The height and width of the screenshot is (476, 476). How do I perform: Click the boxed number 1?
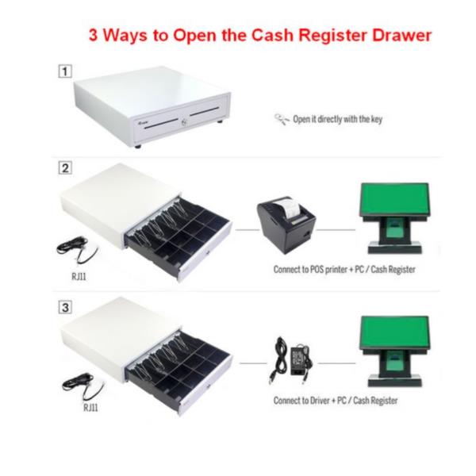point(65,71)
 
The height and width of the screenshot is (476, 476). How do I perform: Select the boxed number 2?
point(65,168)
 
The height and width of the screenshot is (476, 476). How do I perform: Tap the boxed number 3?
point(65,307)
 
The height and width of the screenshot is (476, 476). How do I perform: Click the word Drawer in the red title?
point(401,35)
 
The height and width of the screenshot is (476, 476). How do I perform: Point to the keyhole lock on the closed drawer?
point(184,122)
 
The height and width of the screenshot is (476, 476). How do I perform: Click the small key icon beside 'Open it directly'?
point(282,119)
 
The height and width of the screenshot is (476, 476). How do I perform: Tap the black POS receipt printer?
point(286,225)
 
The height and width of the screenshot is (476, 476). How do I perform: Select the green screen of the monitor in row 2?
point(394,199)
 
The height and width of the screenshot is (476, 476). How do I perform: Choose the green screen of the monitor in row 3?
point(394,332)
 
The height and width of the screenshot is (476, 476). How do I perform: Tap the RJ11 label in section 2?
point(79,277)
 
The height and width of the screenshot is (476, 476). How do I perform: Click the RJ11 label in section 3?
point(90,408)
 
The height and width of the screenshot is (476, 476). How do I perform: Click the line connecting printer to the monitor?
point(336,230)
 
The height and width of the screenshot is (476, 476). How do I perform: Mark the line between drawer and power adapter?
point(253,363)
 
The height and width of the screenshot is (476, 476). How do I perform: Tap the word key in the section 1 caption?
point(376,120)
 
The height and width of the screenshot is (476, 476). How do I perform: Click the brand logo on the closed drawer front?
point(141,123)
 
